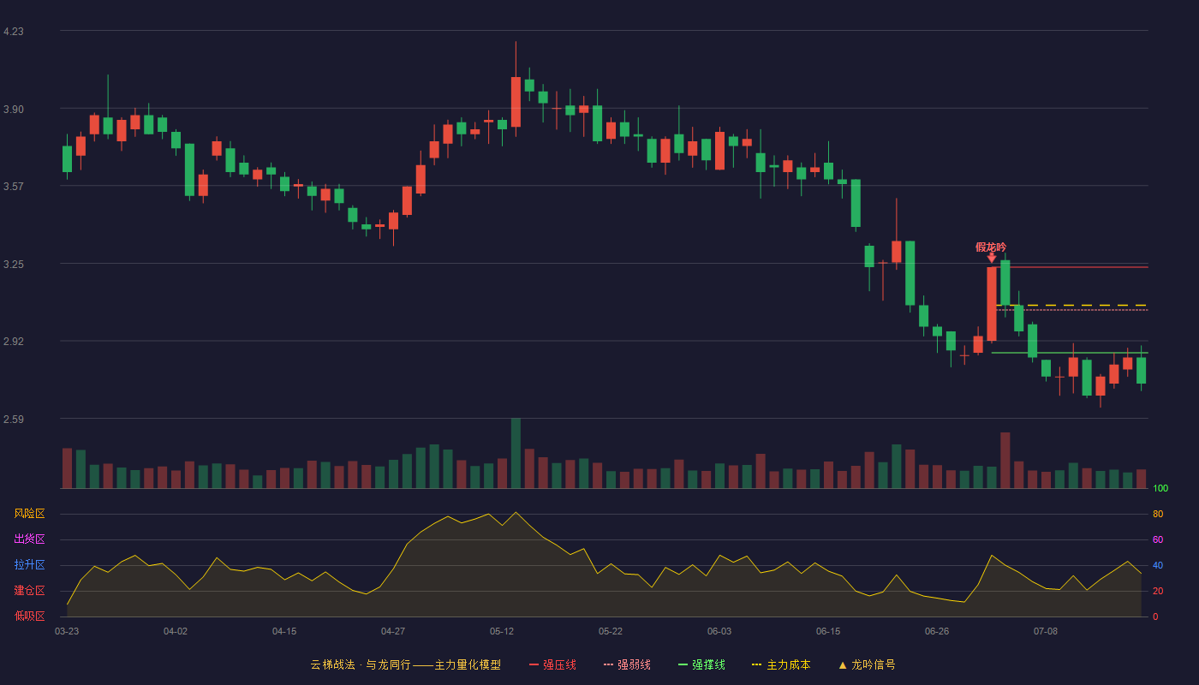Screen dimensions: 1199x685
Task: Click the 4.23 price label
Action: pos(14,32)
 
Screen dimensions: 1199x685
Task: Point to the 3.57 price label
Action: pos(14,187)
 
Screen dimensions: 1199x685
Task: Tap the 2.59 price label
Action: pos(14,419)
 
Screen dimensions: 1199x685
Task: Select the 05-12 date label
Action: pos(502,632)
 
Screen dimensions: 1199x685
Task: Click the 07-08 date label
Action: pos(1046,632)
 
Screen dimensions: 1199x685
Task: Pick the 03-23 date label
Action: pos(67,632)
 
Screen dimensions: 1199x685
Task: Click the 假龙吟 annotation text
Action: pos(991,247)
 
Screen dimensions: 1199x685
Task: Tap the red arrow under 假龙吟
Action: pos(992,258)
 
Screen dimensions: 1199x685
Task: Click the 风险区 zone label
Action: pos(29,514)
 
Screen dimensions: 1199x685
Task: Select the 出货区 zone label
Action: pos(29,539)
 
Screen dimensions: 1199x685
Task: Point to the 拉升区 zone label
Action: pos(29,564)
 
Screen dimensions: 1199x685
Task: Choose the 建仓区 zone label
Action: pos(29,590)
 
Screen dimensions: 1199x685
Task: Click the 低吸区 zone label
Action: pos(29,616)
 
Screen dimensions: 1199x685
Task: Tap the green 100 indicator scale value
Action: pos(1160,488)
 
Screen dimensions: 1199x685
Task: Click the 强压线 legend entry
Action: pos(552,664)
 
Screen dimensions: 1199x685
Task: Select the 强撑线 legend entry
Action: pos(701,664)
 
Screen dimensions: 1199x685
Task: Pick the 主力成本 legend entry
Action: pos(781,664)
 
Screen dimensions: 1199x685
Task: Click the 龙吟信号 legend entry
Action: pos(867,664)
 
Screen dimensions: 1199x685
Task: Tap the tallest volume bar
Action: pos(516,453)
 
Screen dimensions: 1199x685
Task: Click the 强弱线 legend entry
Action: pos(627,664)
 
